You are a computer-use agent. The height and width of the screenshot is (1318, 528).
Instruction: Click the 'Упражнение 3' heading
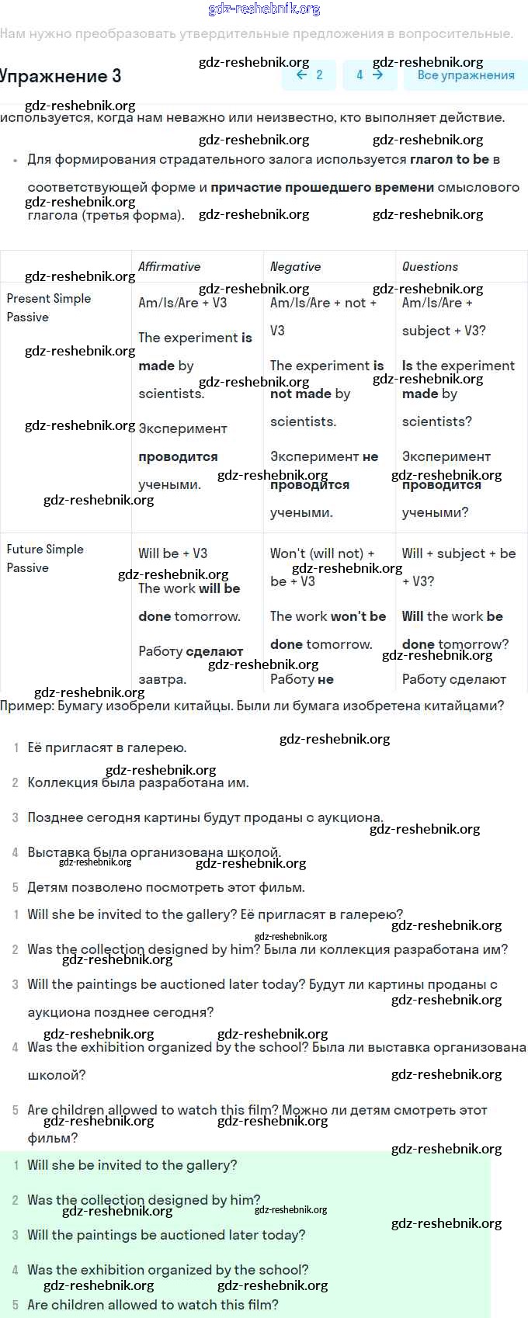tap(61, 76)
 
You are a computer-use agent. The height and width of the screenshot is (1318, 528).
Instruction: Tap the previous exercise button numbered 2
tap(309, 75)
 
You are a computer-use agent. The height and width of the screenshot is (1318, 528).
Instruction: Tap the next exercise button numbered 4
tap(370, 75)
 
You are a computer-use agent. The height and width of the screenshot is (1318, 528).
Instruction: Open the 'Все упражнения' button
tap(466, 75)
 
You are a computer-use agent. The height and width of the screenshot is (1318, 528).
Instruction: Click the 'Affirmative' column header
tap(169, 266)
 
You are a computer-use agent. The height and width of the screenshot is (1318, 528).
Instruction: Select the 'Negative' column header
tap(295, 266)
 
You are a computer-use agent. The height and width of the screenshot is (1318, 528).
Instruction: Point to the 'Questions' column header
tap(430, 266)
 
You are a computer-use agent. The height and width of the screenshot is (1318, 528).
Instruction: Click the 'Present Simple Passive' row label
tap(48, 307)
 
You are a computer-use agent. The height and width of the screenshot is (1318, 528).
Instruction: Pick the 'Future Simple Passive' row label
tap(44, 558)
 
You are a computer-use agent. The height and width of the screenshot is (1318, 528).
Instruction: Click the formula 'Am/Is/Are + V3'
tap(182, 303)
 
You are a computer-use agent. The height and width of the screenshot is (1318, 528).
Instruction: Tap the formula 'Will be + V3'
tap(172, 553)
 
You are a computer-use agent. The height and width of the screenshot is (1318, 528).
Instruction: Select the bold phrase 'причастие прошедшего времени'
tap(322, 187)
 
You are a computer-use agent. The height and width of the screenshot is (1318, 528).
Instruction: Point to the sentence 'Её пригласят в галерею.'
tap(107, 747)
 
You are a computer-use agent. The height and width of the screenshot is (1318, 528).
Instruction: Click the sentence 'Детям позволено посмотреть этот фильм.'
tap(166, 887)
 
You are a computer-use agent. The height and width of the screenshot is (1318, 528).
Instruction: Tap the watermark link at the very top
tap(264, 9)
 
